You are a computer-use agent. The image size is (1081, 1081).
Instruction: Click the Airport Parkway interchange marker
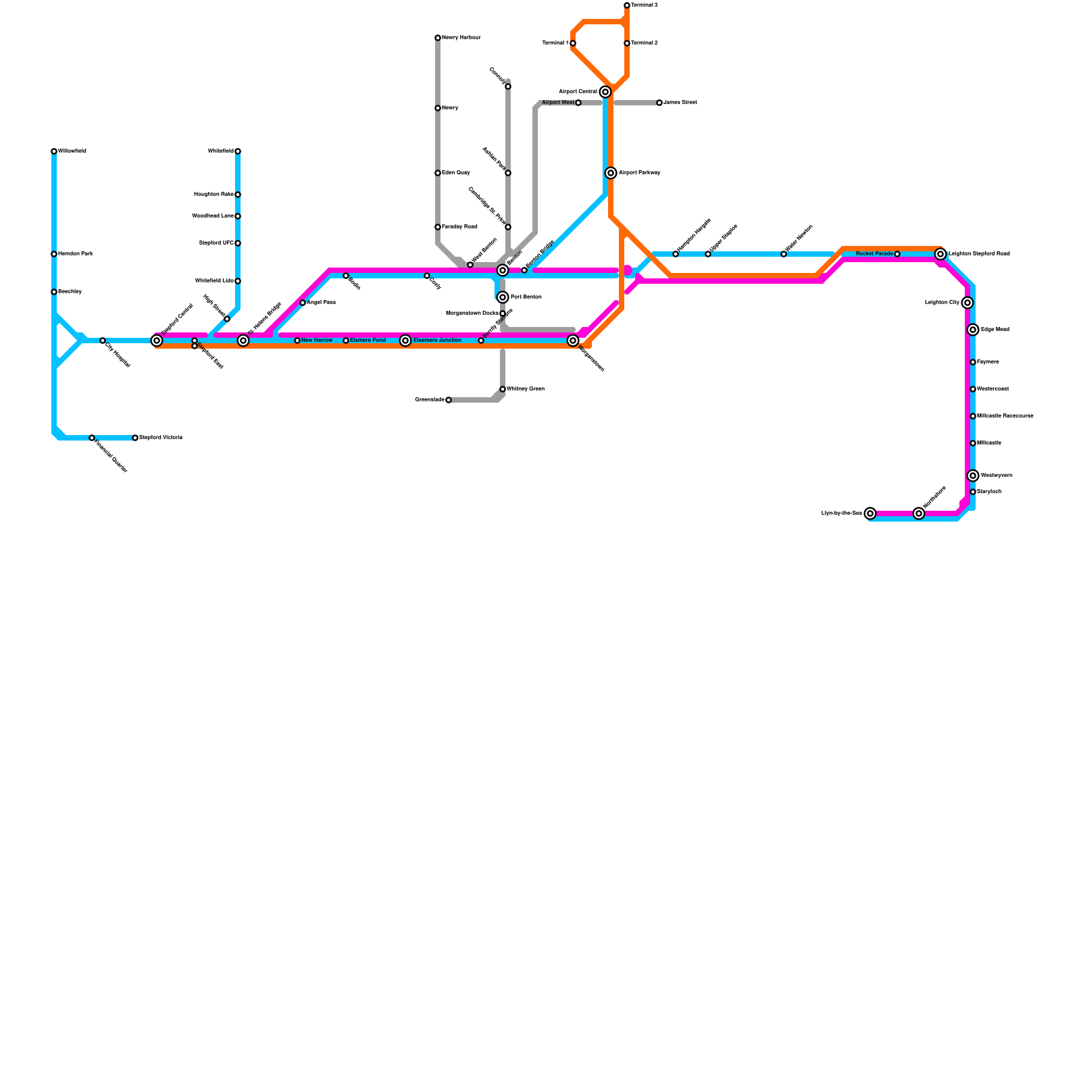click(611, 173)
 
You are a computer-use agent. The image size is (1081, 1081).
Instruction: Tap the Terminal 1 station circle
click(573, 43)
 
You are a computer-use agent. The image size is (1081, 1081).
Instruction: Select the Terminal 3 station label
click(645, 5)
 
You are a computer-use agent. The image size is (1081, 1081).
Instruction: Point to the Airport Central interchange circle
click(605, 92)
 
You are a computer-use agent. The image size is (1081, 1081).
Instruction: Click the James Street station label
click(680, 103)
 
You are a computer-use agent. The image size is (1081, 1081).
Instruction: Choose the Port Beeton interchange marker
click(503, 297)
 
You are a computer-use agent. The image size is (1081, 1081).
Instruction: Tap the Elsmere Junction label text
click(437, 341)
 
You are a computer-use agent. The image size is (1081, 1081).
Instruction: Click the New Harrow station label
click(317, 341)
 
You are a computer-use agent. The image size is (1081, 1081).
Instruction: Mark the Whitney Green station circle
click(503, 389)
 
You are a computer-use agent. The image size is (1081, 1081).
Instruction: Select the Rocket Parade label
click(874, 254)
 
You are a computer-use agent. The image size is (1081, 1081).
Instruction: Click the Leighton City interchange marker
click(967, 303)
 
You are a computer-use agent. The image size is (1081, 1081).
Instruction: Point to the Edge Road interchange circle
click(973, 330)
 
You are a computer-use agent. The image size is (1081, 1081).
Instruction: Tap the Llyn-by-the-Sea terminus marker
click(870, 513)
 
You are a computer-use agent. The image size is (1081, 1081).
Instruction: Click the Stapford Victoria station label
click(161, 438)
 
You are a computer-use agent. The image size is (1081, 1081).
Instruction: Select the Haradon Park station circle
click(54, 254)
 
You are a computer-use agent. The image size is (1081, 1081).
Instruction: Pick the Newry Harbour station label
click(461, 38)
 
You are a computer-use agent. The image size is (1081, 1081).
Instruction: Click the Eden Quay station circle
click(438, 173)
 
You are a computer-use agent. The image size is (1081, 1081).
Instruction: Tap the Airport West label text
click(558, 103)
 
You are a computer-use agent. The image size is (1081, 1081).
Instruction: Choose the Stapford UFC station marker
click(238, 243)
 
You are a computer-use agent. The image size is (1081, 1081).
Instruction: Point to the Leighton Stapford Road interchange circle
click(940, 254)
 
